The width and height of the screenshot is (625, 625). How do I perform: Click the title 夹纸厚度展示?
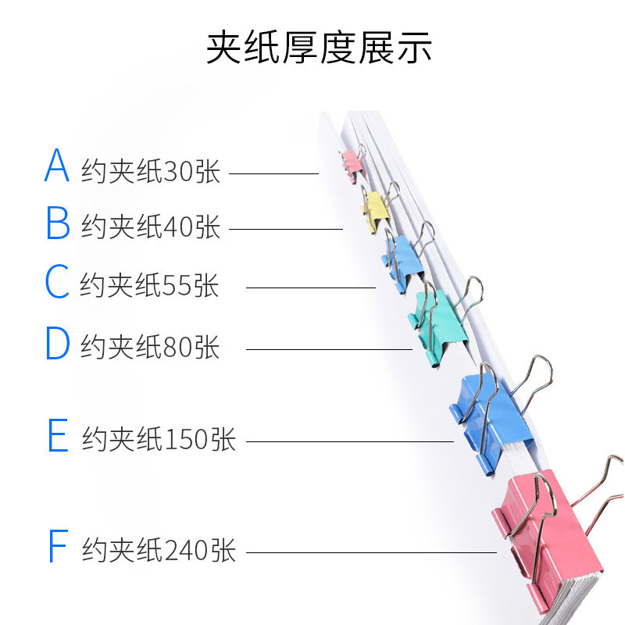coord(319,48)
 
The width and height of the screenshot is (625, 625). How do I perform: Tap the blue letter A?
coord(57,165)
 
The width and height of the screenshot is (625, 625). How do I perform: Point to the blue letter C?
coord(57,282)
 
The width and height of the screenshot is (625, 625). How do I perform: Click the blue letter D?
coord(58,343)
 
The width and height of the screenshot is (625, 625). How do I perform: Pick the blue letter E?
coord(58,436)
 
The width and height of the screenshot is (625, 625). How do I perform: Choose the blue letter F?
coord(58,546)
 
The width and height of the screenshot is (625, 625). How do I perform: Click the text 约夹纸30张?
coord(151,171)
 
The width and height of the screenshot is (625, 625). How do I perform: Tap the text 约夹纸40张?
coord(151,227)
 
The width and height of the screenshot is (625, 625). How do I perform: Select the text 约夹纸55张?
coord(149,286)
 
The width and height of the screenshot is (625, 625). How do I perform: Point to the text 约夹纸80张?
coord(151,347)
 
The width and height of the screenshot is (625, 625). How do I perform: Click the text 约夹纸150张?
coord(159,440)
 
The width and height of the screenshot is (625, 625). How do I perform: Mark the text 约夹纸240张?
coord(159,550)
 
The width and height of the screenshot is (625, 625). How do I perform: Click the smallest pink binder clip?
coord(352,162)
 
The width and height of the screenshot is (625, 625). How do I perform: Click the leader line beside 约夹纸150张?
coord(349,441)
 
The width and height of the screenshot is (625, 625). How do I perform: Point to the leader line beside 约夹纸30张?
coord(273,173)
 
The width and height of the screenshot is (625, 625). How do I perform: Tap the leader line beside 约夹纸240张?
coord(371,552)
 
